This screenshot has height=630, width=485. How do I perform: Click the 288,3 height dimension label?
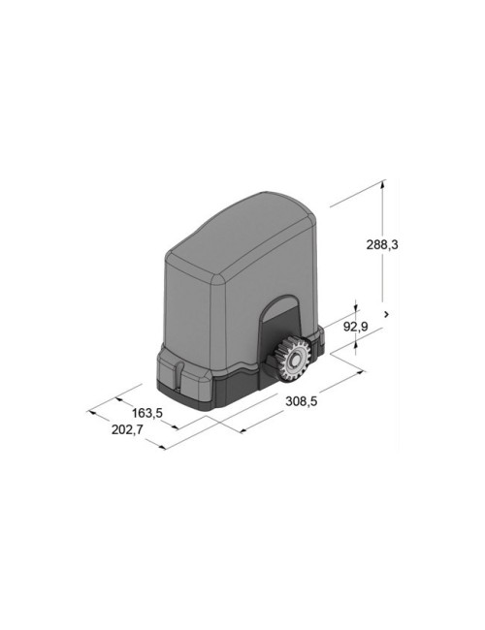[x=381, y=244]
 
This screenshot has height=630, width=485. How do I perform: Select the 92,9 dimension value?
[x=356, y=327]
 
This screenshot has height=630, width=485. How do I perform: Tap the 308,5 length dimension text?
[x=302, y=401]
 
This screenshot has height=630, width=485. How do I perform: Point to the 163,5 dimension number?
[x=147, y=413]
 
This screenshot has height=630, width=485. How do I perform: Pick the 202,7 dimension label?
[x=127, y=429]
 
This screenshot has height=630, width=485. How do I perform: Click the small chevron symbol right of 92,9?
[x=386, y=314]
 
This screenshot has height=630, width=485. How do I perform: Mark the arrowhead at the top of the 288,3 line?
[x=382, y=184]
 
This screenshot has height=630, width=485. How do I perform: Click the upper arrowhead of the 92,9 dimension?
[x=356, y=307]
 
